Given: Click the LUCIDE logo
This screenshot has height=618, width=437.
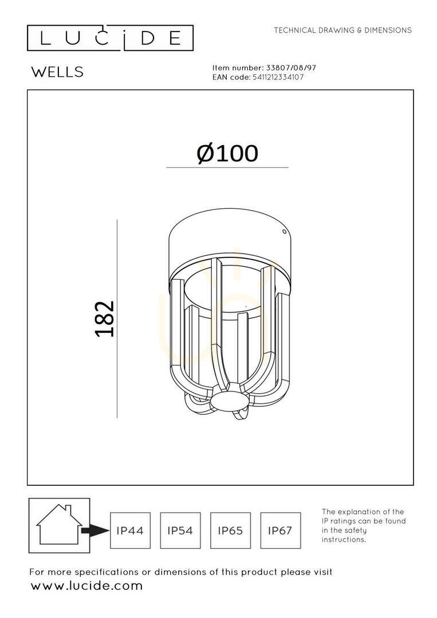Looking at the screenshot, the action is pos(110,38).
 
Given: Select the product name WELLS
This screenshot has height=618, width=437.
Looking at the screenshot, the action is pos(58,72).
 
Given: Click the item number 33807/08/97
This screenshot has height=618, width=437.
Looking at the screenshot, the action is pos(291,68).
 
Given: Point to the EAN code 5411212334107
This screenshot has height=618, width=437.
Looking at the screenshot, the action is pos(277,77).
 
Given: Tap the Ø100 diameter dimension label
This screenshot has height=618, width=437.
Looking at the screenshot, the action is pos(227,153).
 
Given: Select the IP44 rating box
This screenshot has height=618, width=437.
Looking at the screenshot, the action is pos(130,530).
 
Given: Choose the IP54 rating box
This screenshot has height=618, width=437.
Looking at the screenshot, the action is pos(180,530).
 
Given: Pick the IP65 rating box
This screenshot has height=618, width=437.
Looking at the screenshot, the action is pos(230,530).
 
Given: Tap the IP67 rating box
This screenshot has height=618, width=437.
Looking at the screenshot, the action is pos(281,530).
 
